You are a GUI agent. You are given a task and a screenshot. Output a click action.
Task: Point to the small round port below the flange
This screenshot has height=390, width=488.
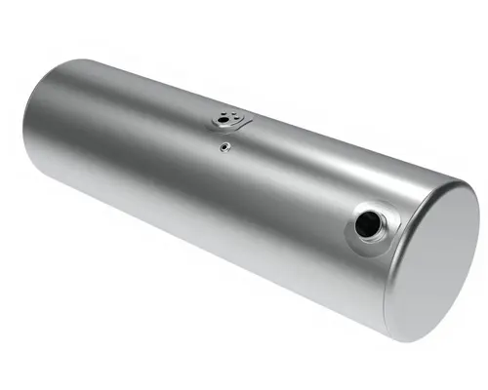[224, 147]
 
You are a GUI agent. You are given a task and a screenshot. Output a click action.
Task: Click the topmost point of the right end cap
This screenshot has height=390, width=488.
[460, 178]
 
